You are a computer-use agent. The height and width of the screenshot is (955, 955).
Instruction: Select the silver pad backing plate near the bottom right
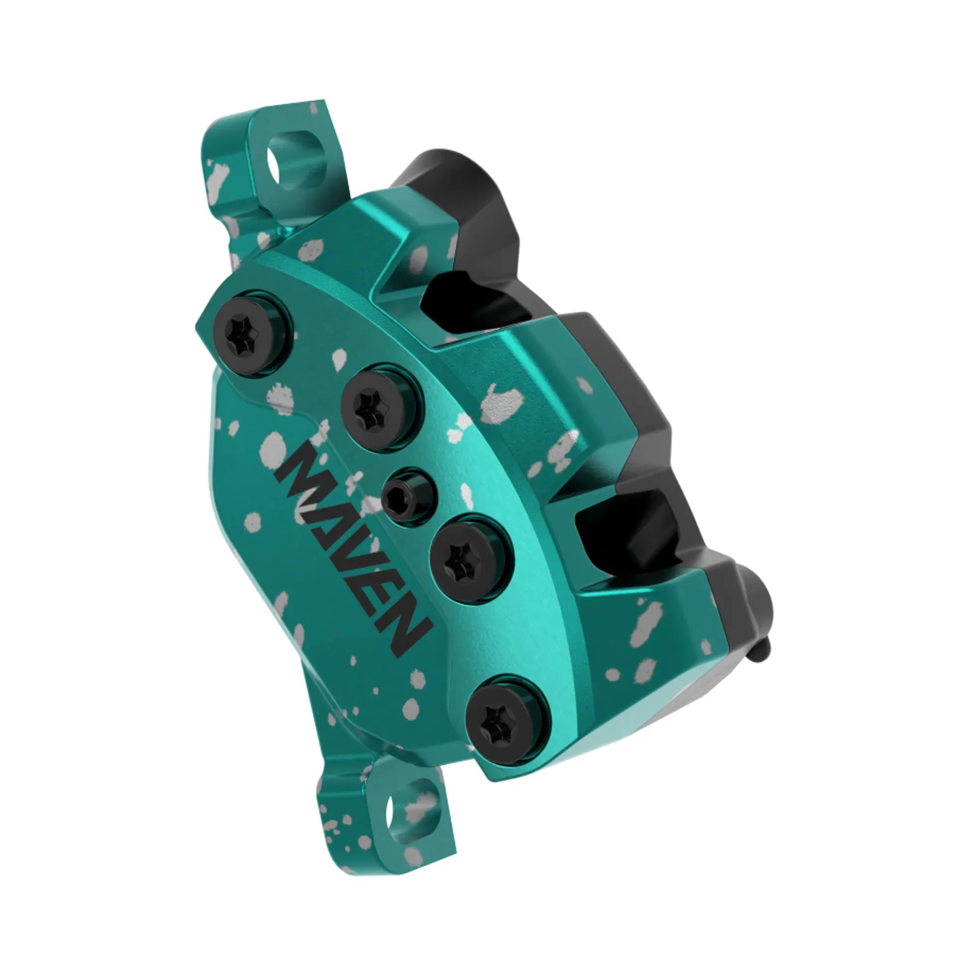(x=716, y=696)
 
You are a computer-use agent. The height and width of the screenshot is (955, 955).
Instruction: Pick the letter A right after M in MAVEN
(x=318, y=502)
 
